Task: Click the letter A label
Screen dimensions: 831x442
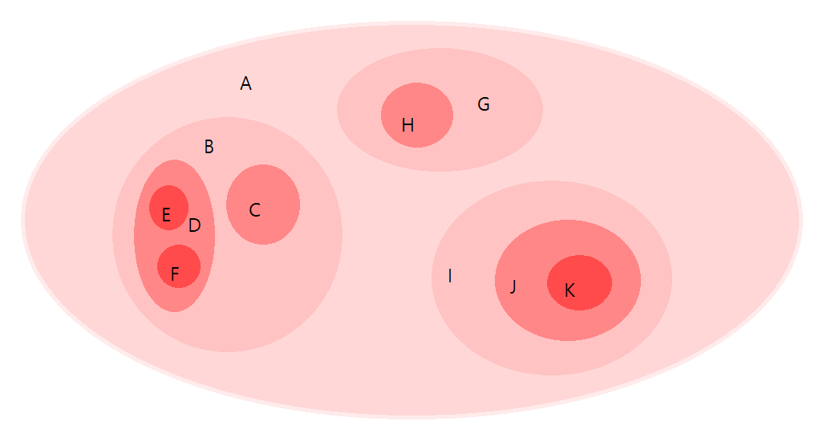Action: pyautogui.click(x=246, y=83)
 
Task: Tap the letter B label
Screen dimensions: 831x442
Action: pyautogui.click(x=209, y=147)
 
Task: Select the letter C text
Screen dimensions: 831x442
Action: pyautogui.click(x=254, y=210)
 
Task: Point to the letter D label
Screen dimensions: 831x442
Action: pyautogui.click(x=195, y=226)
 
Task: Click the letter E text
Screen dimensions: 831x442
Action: pyautogui.click(x=166, y=215)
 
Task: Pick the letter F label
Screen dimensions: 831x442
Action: pyautogui.click(x=175, y=275)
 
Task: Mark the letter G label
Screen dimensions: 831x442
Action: pyautogui.click(x=484, y=104)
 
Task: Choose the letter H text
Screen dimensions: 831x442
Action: pyautogui.click(x=407, y=125)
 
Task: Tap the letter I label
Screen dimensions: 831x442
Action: pyautogui.click(x=450, y=276)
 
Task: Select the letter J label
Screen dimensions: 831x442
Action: pyautogui.click(x=513, y=286)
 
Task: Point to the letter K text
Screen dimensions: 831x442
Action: pyautogui.click(x=570, y=290)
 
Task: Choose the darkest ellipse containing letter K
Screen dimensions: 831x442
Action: pyautogui.click(x=590, y=277)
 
